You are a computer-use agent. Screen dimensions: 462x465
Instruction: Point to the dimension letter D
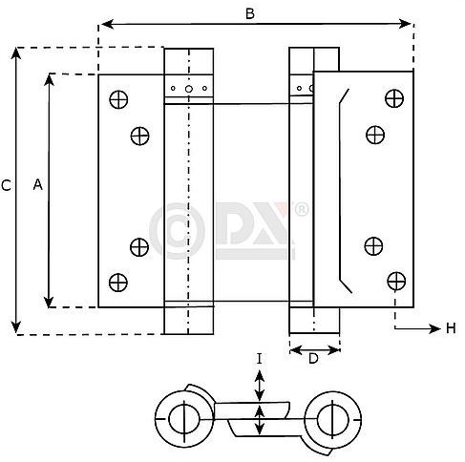tap(313, 358)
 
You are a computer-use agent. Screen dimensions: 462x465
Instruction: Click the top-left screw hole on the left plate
tap(118, 97)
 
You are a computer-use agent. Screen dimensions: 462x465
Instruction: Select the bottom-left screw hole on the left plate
tap(118, 281)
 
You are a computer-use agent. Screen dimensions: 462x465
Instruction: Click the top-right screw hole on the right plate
tap(392, 96)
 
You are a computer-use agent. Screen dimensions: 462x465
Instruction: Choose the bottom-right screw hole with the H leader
tap(393, 280)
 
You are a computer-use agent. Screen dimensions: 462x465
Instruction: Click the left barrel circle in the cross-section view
tap(181, 416)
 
